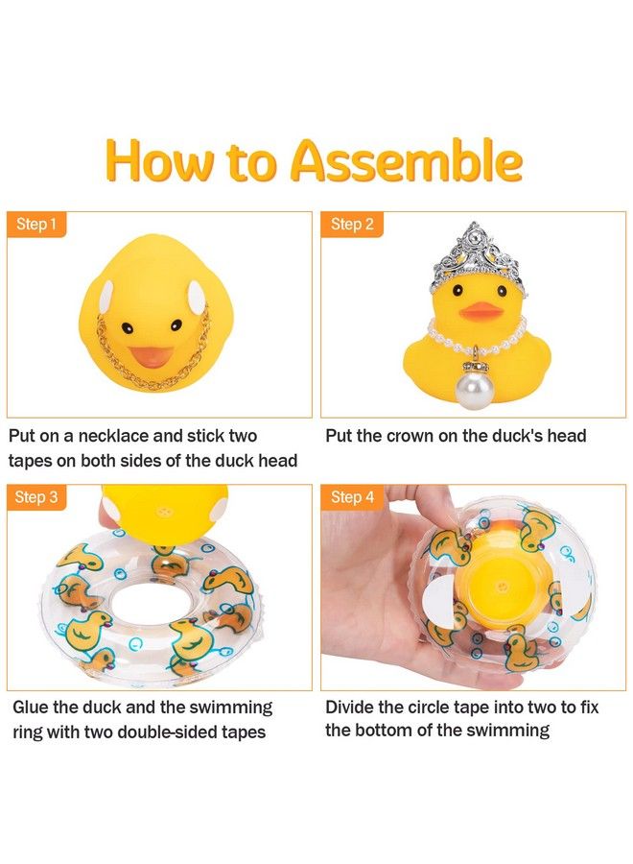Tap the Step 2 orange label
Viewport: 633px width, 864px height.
[352, 225]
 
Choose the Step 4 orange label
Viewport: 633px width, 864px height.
[352, 497]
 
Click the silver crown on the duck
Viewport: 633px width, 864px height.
[473, 258]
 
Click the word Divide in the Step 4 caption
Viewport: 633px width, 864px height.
[353, 708]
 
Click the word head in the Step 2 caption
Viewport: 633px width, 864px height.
[565, 437]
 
